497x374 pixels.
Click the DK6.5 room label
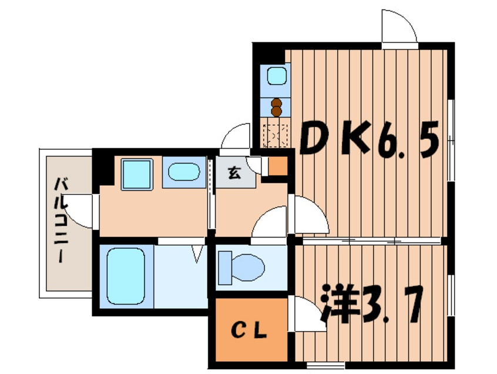(369, 138)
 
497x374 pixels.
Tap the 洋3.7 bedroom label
(372, 304)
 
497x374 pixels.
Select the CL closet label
(249, 331)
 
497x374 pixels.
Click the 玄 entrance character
(234, 173)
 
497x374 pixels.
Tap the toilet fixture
(241, 267)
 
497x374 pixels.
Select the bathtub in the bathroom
(126, 276)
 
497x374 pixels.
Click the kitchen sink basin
(277, 76)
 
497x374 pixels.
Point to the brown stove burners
(276, 107)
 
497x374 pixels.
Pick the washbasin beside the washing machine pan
(184, 172)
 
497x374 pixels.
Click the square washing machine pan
(137, 175)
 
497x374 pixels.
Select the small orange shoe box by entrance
(278, 166)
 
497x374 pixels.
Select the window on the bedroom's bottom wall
(326, 365)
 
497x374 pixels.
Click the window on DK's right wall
(451, 140)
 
